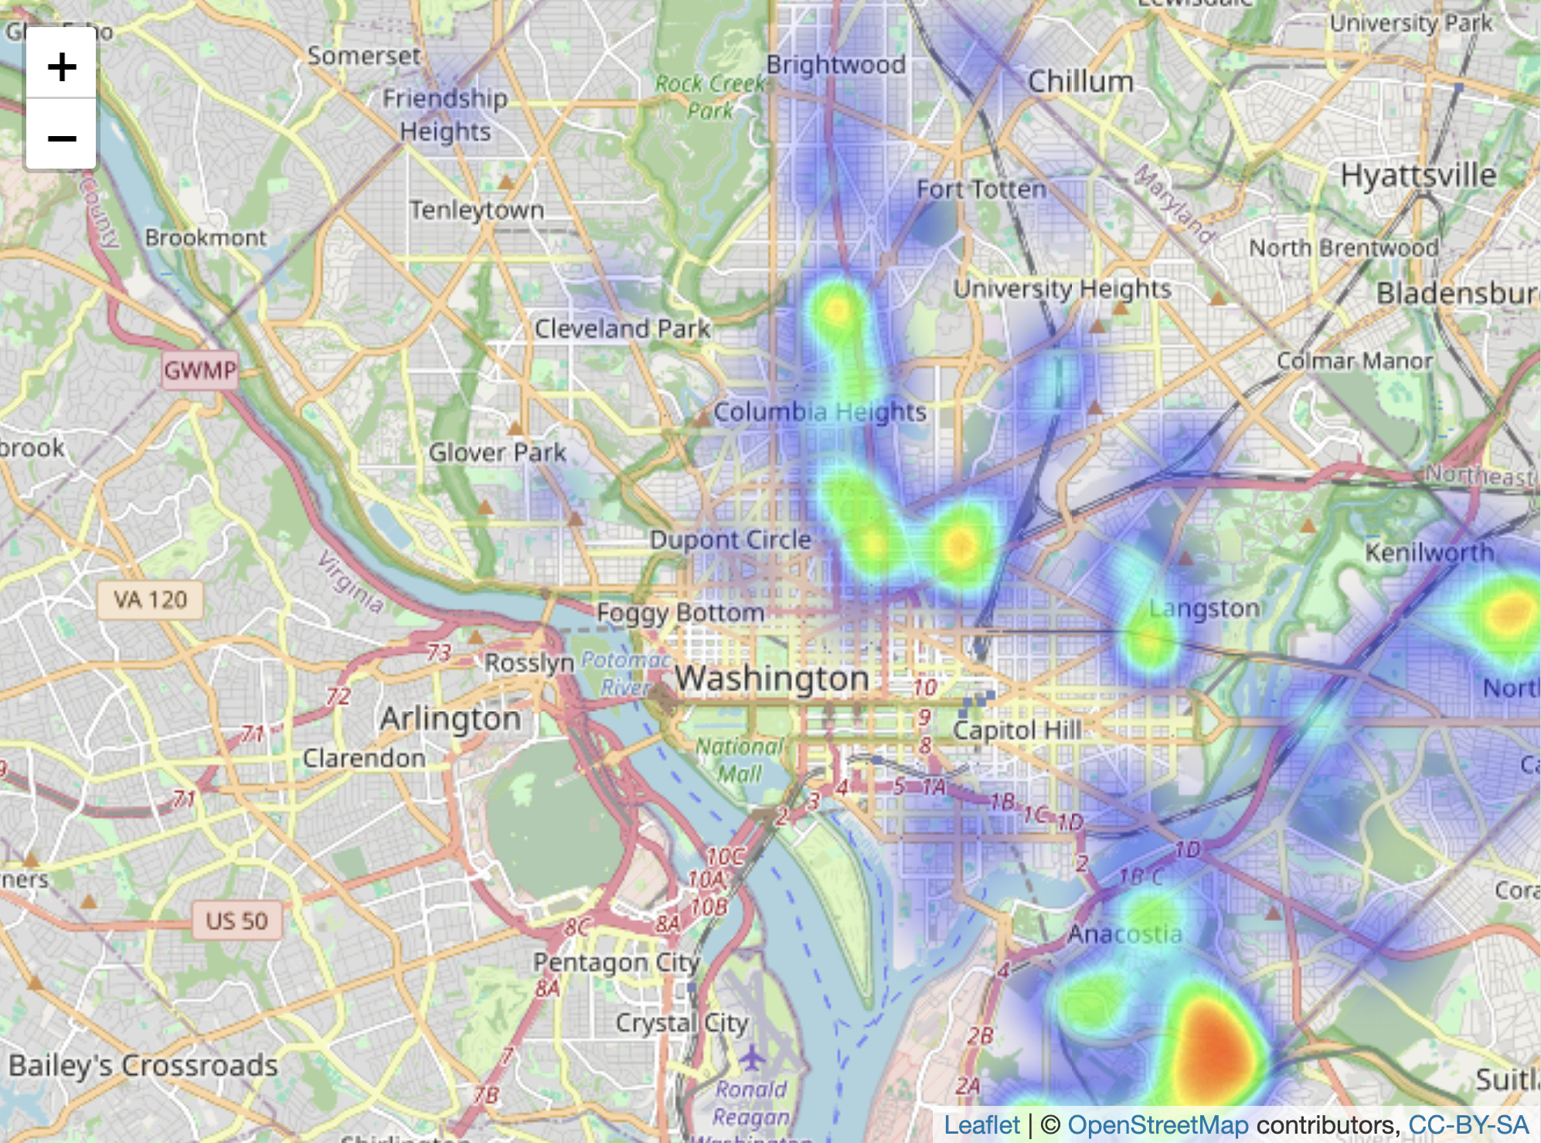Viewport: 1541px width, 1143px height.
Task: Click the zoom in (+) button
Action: click(62, 67)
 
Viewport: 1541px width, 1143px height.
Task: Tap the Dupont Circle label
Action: click(730, 540)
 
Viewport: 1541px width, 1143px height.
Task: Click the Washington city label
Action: click(772, 679)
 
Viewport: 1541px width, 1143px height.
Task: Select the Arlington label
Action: click(451, 719)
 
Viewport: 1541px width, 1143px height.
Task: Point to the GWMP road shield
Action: click(199, 370)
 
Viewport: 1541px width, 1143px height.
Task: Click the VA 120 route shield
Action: click(151, 599)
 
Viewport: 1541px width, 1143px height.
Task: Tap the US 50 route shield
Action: click(236, 920)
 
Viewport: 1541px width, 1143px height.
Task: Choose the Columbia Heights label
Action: click(819, 412)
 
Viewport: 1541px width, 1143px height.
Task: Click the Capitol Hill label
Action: click(1017, 730)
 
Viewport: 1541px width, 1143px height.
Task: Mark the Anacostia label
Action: click(1124, 934)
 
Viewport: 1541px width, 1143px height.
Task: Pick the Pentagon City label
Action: click(616, 963)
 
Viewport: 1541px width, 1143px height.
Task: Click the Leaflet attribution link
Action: click(981, 1124)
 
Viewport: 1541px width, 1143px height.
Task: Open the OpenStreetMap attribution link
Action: click(1158, 1124)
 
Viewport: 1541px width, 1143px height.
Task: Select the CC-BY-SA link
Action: click(1468, 1124)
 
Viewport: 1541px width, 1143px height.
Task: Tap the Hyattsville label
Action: click(1418, 176)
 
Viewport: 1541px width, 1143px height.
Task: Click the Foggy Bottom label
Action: click(680, 613)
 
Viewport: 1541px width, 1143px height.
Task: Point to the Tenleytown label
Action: click(477, 210)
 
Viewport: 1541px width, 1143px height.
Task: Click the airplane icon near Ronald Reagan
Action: click(751, 1055)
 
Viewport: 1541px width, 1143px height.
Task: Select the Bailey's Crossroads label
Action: click(144, 1066)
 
